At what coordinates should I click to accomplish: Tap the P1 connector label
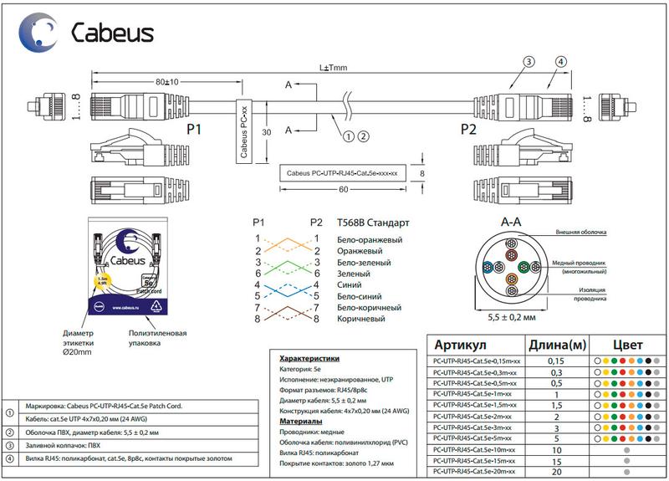pyautogui.click(x=194, y=130)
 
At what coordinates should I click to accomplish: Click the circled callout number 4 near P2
pyautogui.click(x=561, y=61)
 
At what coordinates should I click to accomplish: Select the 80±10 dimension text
pyautogui.click(x=167, y=82)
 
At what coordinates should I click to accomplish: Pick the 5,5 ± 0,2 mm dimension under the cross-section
pyautogui.click(x=511, y=319)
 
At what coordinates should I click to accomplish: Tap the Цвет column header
pyautogui.click(x=628, y=345)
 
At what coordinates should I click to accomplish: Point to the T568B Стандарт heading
pyautogui.click(x=372, y=223)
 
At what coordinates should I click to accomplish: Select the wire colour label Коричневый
pyautogui.click(x=360, y=319)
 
